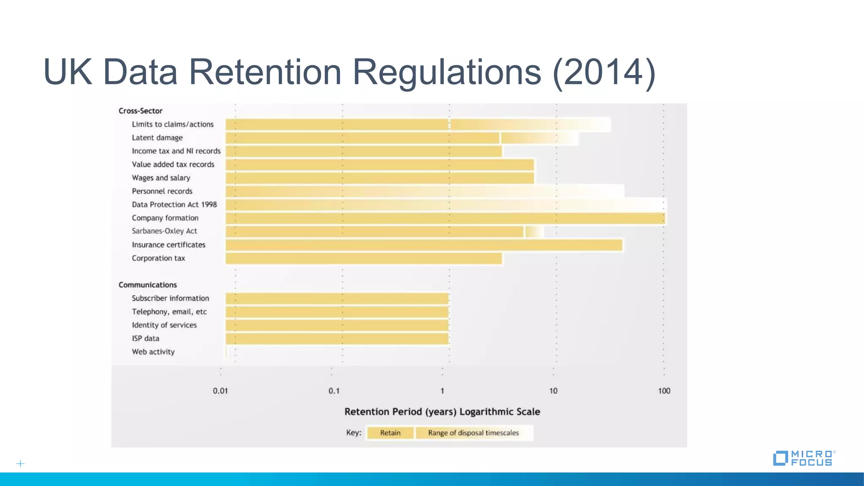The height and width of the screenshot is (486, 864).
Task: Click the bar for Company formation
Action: point(445,218)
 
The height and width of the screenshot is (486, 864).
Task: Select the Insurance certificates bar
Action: point(424,245)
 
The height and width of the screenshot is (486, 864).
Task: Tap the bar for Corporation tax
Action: point(364,259)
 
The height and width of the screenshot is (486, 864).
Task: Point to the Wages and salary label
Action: point(161,178)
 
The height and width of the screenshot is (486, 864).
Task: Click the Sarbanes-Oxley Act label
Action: point(164,231)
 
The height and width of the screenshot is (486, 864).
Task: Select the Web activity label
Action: point(153,352)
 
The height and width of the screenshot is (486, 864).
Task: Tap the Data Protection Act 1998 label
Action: point(174,205)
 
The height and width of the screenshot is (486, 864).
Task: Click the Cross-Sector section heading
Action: point(140,111)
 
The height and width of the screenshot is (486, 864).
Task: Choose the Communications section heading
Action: point(148,285)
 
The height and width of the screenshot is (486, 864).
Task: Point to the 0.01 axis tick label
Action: point(220,391)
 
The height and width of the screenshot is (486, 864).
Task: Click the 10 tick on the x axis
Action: point(553,391)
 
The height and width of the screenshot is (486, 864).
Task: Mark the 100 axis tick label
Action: point(664,391)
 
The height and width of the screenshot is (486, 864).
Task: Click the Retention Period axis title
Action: point(442,412)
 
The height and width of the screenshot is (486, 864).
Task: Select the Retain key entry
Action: point(390,433)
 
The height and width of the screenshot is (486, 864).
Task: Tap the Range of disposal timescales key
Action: point(473,433)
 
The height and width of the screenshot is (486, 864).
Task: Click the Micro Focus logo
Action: point(804,458)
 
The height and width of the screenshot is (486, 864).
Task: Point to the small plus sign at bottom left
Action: point(20,464)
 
